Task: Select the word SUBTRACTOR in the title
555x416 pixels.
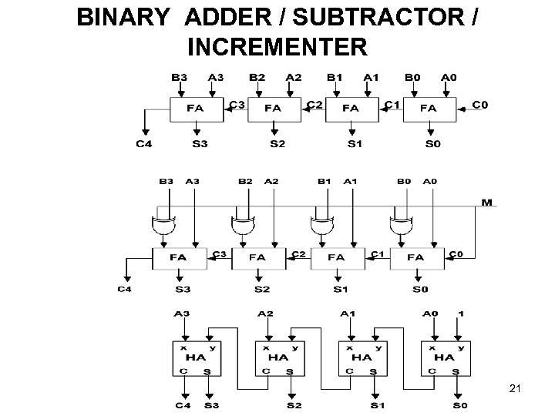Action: tap(374, 18)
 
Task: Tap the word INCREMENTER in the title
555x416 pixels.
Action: tap(276, 48)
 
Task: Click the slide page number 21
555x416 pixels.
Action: tap(516, 390)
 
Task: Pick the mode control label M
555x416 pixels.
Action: tap(486, 202)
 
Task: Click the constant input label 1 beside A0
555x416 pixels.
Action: tap(461, 314)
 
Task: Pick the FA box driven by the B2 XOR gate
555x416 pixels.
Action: tap(258, 257)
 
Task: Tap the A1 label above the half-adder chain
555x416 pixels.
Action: tap(348, 314)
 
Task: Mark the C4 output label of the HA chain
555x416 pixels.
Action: tap(183, 405)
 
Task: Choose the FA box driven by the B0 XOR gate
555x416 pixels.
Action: tap(416, 257)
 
